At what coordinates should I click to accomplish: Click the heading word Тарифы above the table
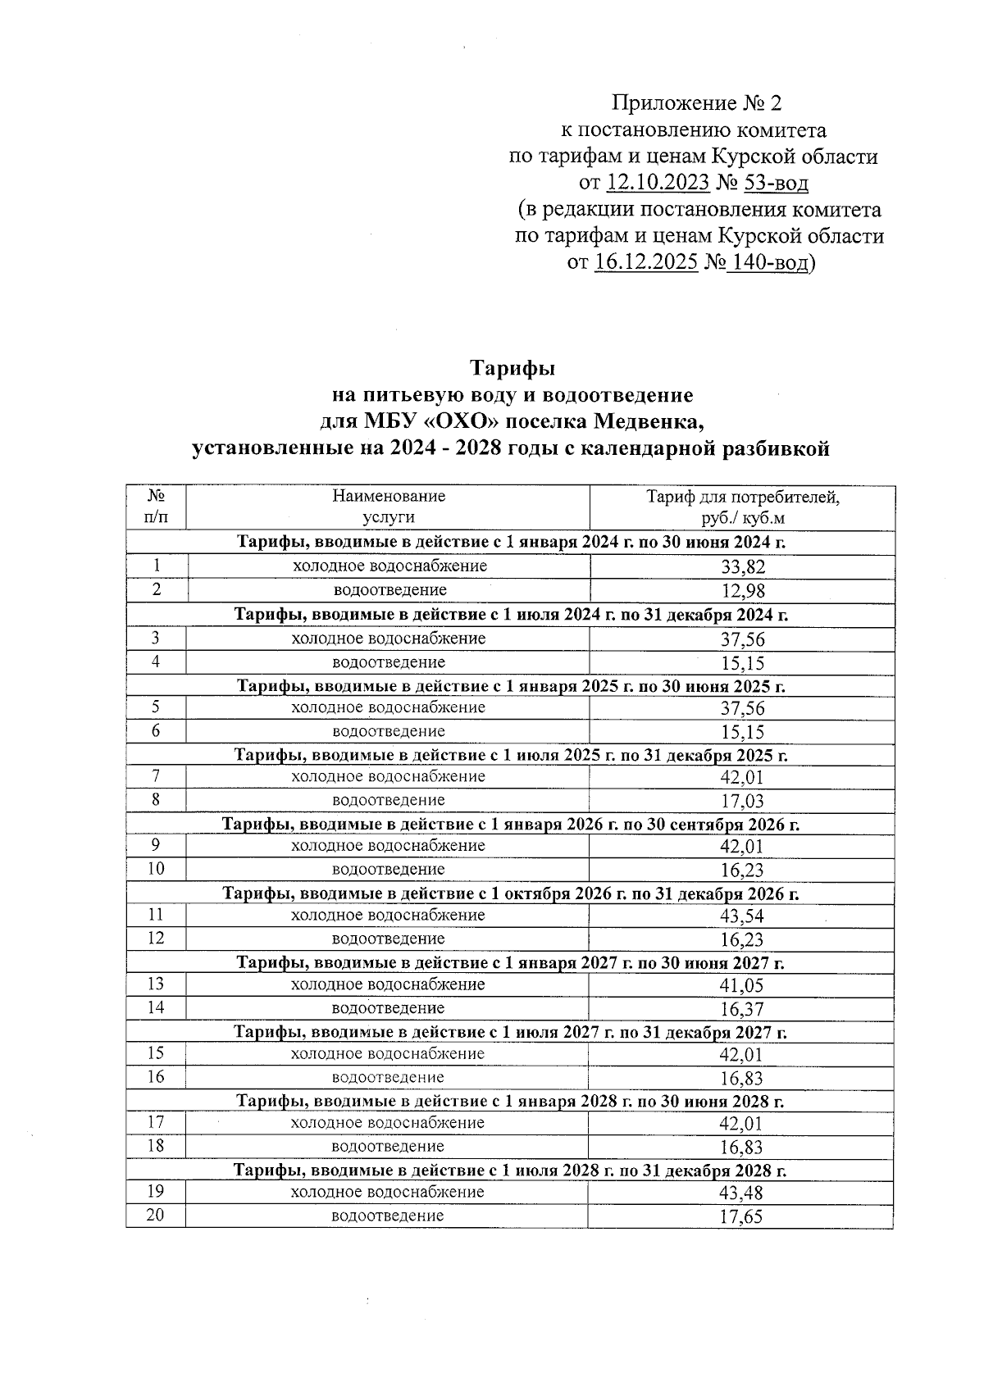(x=512, y=368)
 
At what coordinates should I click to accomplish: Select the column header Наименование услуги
(x=389, y=507)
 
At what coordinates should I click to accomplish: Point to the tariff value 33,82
(x=742, y=567)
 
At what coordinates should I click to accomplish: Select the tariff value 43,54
(x=742, y=916)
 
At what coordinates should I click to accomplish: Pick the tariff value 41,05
(x=742, y=986)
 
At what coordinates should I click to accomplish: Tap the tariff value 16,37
(x=742, y=1010)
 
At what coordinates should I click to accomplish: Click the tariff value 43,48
(x=742, y=1193)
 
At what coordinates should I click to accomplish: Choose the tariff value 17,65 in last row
(x=740, y=1218)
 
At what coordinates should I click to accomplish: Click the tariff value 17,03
(x=742, y=802)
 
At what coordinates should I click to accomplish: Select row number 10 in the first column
(x=156, y=869)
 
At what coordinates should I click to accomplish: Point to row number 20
(x=155, y=1216)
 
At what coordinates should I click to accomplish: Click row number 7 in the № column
(x=156, y=776)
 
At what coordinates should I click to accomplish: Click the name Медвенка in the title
(x=649, y=423)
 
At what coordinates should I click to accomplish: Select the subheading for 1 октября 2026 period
(x=510, y=894)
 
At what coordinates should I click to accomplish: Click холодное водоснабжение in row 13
(x=388, y=984)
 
